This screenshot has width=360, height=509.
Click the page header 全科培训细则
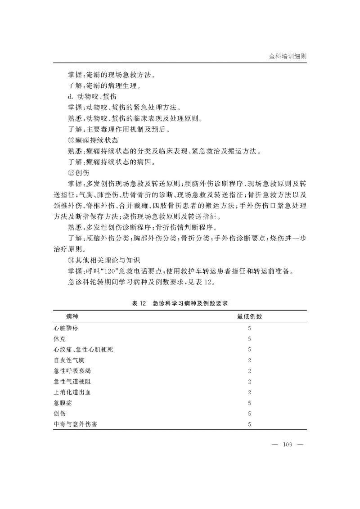coord(288,57)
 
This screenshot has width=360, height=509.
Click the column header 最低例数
coord(249,316)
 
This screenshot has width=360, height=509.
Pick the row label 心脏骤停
coord(65,328)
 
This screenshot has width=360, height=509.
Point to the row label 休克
coord(59,338)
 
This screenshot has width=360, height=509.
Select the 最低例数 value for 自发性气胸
coord(249,360)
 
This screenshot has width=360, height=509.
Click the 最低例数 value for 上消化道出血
coord(249,392)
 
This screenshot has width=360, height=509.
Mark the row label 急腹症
coord(62,403)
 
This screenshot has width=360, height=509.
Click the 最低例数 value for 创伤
coord(249,414)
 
